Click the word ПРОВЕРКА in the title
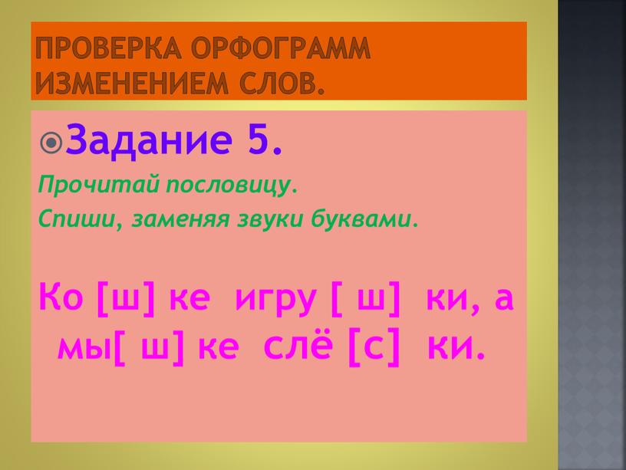[x=108, y=48]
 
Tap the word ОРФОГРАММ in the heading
[x=282, y=48]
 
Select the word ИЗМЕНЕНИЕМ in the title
[x=131, y=83]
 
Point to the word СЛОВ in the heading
[x=282, y=83]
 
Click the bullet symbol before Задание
[x=51, y=143]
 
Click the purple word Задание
[x=149, y=139]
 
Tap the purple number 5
[x=265, y=139]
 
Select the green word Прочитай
[x=99, y=185]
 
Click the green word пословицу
[x=232, y=186]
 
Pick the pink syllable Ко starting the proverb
[x=61, y=297]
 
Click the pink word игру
[x=276, y=300]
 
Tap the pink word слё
[x=298, y=344]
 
